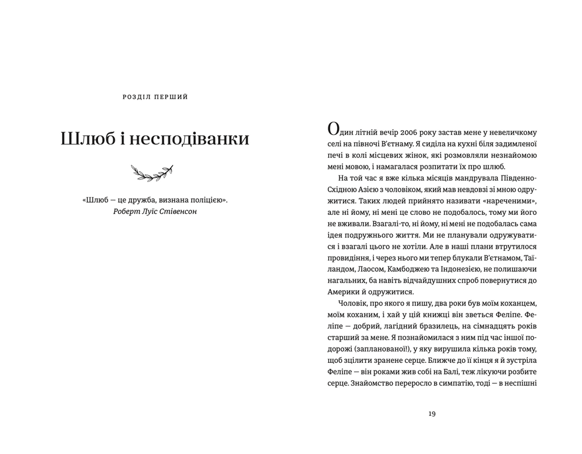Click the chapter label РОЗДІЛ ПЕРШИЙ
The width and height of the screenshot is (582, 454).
point(155,97)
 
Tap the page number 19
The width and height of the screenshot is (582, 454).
point(432,413)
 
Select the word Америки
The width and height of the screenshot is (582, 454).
point(344,292)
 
